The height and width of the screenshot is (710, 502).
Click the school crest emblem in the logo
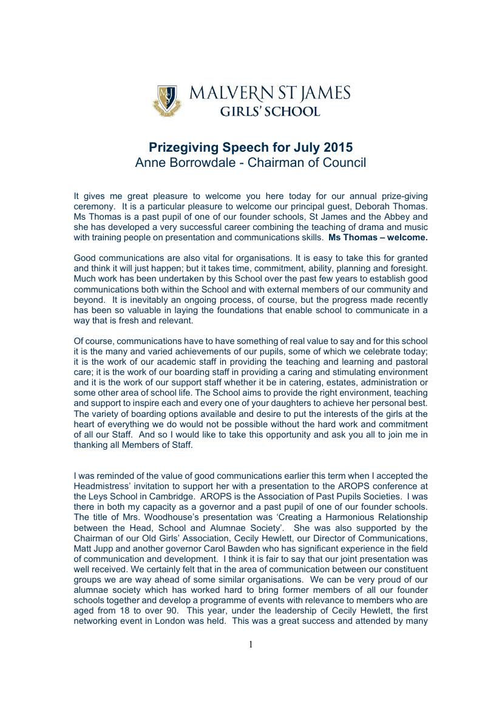[166, 100]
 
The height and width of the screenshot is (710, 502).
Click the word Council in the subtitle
[344, 163]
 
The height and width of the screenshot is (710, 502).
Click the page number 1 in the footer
[251, 644]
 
